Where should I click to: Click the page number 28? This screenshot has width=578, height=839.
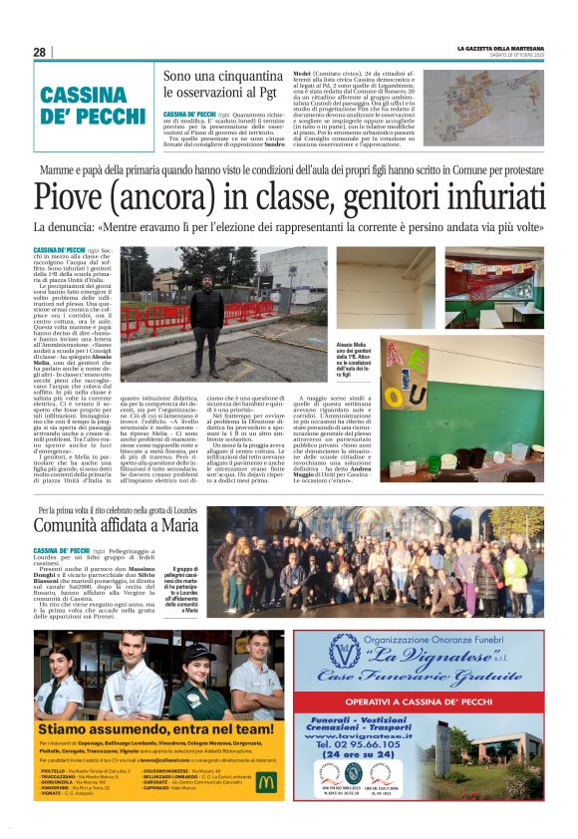(x=39, y=52)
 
